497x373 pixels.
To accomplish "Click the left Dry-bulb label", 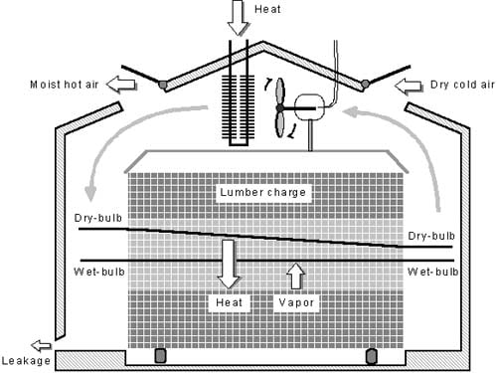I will tap(97, 216).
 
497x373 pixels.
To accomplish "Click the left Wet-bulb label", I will tap(97, 271).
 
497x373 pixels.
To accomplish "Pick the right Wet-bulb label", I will tap(432, 271).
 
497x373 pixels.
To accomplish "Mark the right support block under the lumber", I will tap(373, 355).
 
